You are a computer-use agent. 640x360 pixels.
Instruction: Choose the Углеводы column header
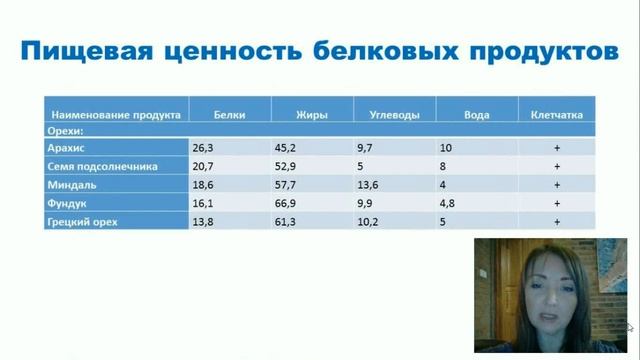pyautogui.click(x=387, y=114)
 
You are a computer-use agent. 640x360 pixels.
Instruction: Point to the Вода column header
pyautogui.click(x=476, y=114)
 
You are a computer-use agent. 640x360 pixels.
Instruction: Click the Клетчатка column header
pyautogui.click(x=556, y=114)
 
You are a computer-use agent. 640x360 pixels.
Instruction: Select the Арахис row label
pyautogui.click(x=65, y=148)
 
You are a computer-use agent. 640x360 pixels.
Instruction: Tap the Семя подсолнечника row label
pyautogui.click(x=102, y=167)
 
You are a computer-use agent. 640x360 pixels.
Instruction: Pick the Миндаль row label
pyautogui.click(x=71, y=185)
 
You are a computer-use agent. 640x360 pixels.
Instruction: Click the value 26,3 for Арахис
pyautogui.click(x=204, y=148)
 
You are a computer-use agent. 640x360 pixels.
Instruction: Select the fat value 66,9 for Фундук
pyautogui.click(x=289, y=203)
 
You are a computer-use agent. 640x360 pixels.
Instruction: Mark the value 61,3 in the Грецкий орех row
pyautogui.click(x=289, y=221)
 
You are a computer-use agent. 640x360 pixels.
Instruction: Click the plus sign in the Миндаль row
pyautogui.click(x=556, y=185)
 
